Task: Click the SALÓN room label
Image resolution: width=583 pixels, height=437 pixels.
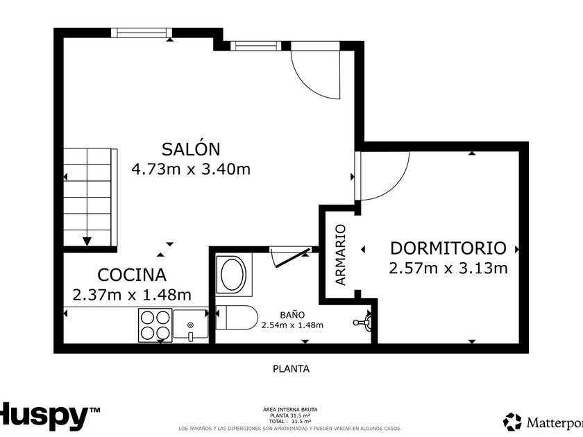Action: (191, 149)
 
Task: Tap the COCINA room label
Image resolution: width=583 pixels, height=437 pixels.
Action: (132, 275)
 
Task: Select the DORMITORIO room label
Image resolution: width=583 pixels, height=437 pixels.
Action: (448, 248)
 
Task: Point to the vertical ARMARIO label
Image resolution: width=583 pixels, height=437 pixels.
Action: (340, 255)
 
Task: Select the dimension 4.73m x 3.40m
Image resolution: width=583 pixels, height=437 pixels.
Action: (191, 169)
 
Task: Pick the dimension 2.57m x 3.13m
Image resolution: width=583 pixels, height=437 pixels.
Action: (448, 268)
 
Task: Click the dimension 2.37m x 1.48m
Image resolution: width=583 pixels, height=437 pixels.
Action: (132, 295)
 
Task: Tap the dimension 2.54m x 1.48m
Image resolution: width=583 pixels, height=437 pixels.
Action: (292, 325)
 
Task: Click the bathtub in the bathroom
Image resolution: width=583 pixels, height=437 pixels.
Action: (233, 275)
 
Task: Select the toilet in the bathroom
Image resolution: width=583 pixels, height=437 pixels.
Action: (237, 318)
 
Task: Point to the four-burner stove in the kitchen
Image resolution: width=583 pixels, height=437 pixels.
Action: (155, 325)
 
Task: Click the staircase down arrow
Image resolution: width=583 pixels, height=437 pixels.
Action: (87, 241)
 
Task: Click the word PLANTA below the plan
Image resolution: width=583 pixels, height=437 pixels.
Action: (291, 368)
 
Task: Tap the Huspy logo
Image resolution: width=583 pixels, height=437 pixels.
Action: (49, 417)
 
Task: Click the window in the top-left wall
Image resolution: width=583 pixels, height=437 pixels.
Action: (142, 33)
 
